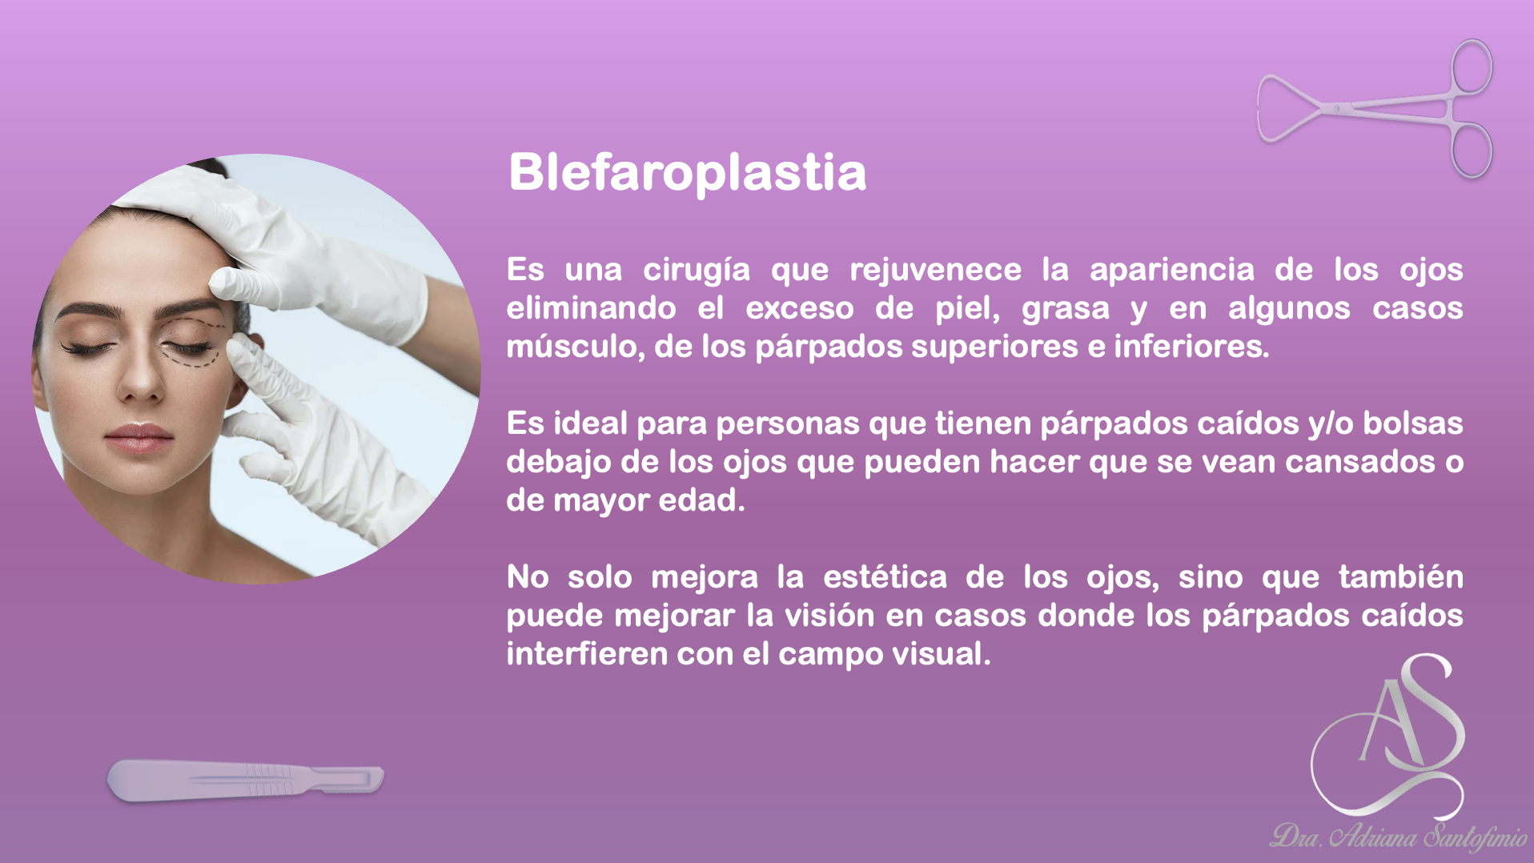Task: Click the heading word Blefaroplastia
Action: [x=687, y=172]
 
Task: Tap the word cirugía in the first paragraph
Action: [x=697, y=270]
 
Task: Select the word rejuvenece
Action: [x=935, y=270]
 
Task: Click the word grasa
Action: [x=1065, y=308]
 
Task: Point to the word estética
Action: [x=885, y=577]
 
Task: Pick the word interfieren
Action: [x=587, y=654]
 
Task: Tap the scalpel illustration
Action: [x=245, y=780]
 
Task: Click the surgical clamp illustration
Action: [x=1375, y=109]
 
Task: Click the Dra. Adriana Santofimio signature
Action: [x=1398, y=837]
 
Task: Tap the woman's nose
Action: [x=143, y=381]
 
